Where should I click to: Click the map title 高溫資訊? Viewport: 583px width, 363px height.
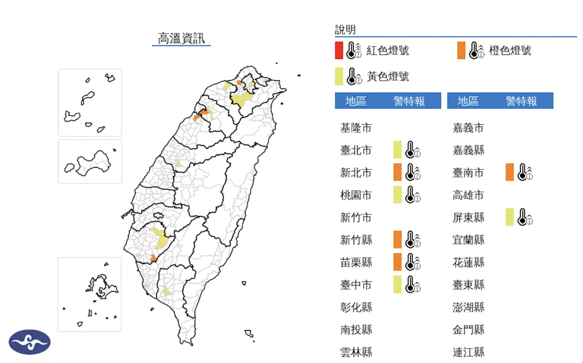tap(181, 38)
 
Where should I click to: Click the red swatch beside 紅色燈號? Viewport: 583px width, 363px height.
tap(339, 51)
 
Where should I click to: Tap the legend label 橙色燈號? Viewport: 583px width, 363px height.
tap(510, 51)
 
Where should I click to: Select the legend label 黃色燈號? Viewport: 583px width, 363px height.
tap(388, 76)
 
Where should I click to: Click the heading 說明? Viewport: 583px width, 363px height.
tap(345, 30)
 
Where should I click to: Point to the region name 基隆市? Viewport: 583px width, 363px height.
tap(356, 128)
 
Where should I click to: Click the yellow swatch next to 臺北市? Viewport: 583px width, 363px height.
tap(397, 150)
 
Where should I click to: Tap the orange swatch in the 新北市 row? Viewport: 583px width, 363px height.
tap(397, 172)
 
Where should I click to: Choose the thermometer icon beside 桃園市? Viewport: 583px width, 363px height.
tap(412, 195)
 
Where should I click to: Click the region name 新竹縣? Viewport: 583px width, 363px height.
tap(356, 240)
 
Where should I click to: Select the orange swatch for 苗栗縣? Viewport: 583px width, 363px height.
tap(397, 262)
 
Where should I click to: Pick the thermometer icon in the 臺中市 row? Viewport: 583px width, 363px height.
tap(412, 284)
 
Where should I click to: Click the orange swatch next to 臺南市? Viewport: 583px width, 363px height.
tap(510, 172)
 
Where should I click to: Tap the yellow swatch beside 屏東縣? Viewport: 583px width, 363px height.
tap(510, 217)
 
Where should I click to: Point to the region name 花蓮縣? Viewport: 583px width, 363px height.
tap(468, 262)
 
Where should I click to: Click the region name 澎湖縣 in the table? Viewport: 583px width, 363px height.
tap(468, 307)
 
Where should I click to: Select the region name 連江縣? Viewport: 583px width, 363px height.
tap(468, 352)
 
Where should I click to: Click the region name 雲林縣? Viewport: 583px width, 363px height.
tap(356, 352)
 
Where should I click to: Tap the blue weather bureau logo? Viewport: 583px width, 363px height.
tap(30, 342)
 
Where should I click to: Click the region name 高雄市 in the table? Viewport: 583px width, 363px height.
tap(468, 195)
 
